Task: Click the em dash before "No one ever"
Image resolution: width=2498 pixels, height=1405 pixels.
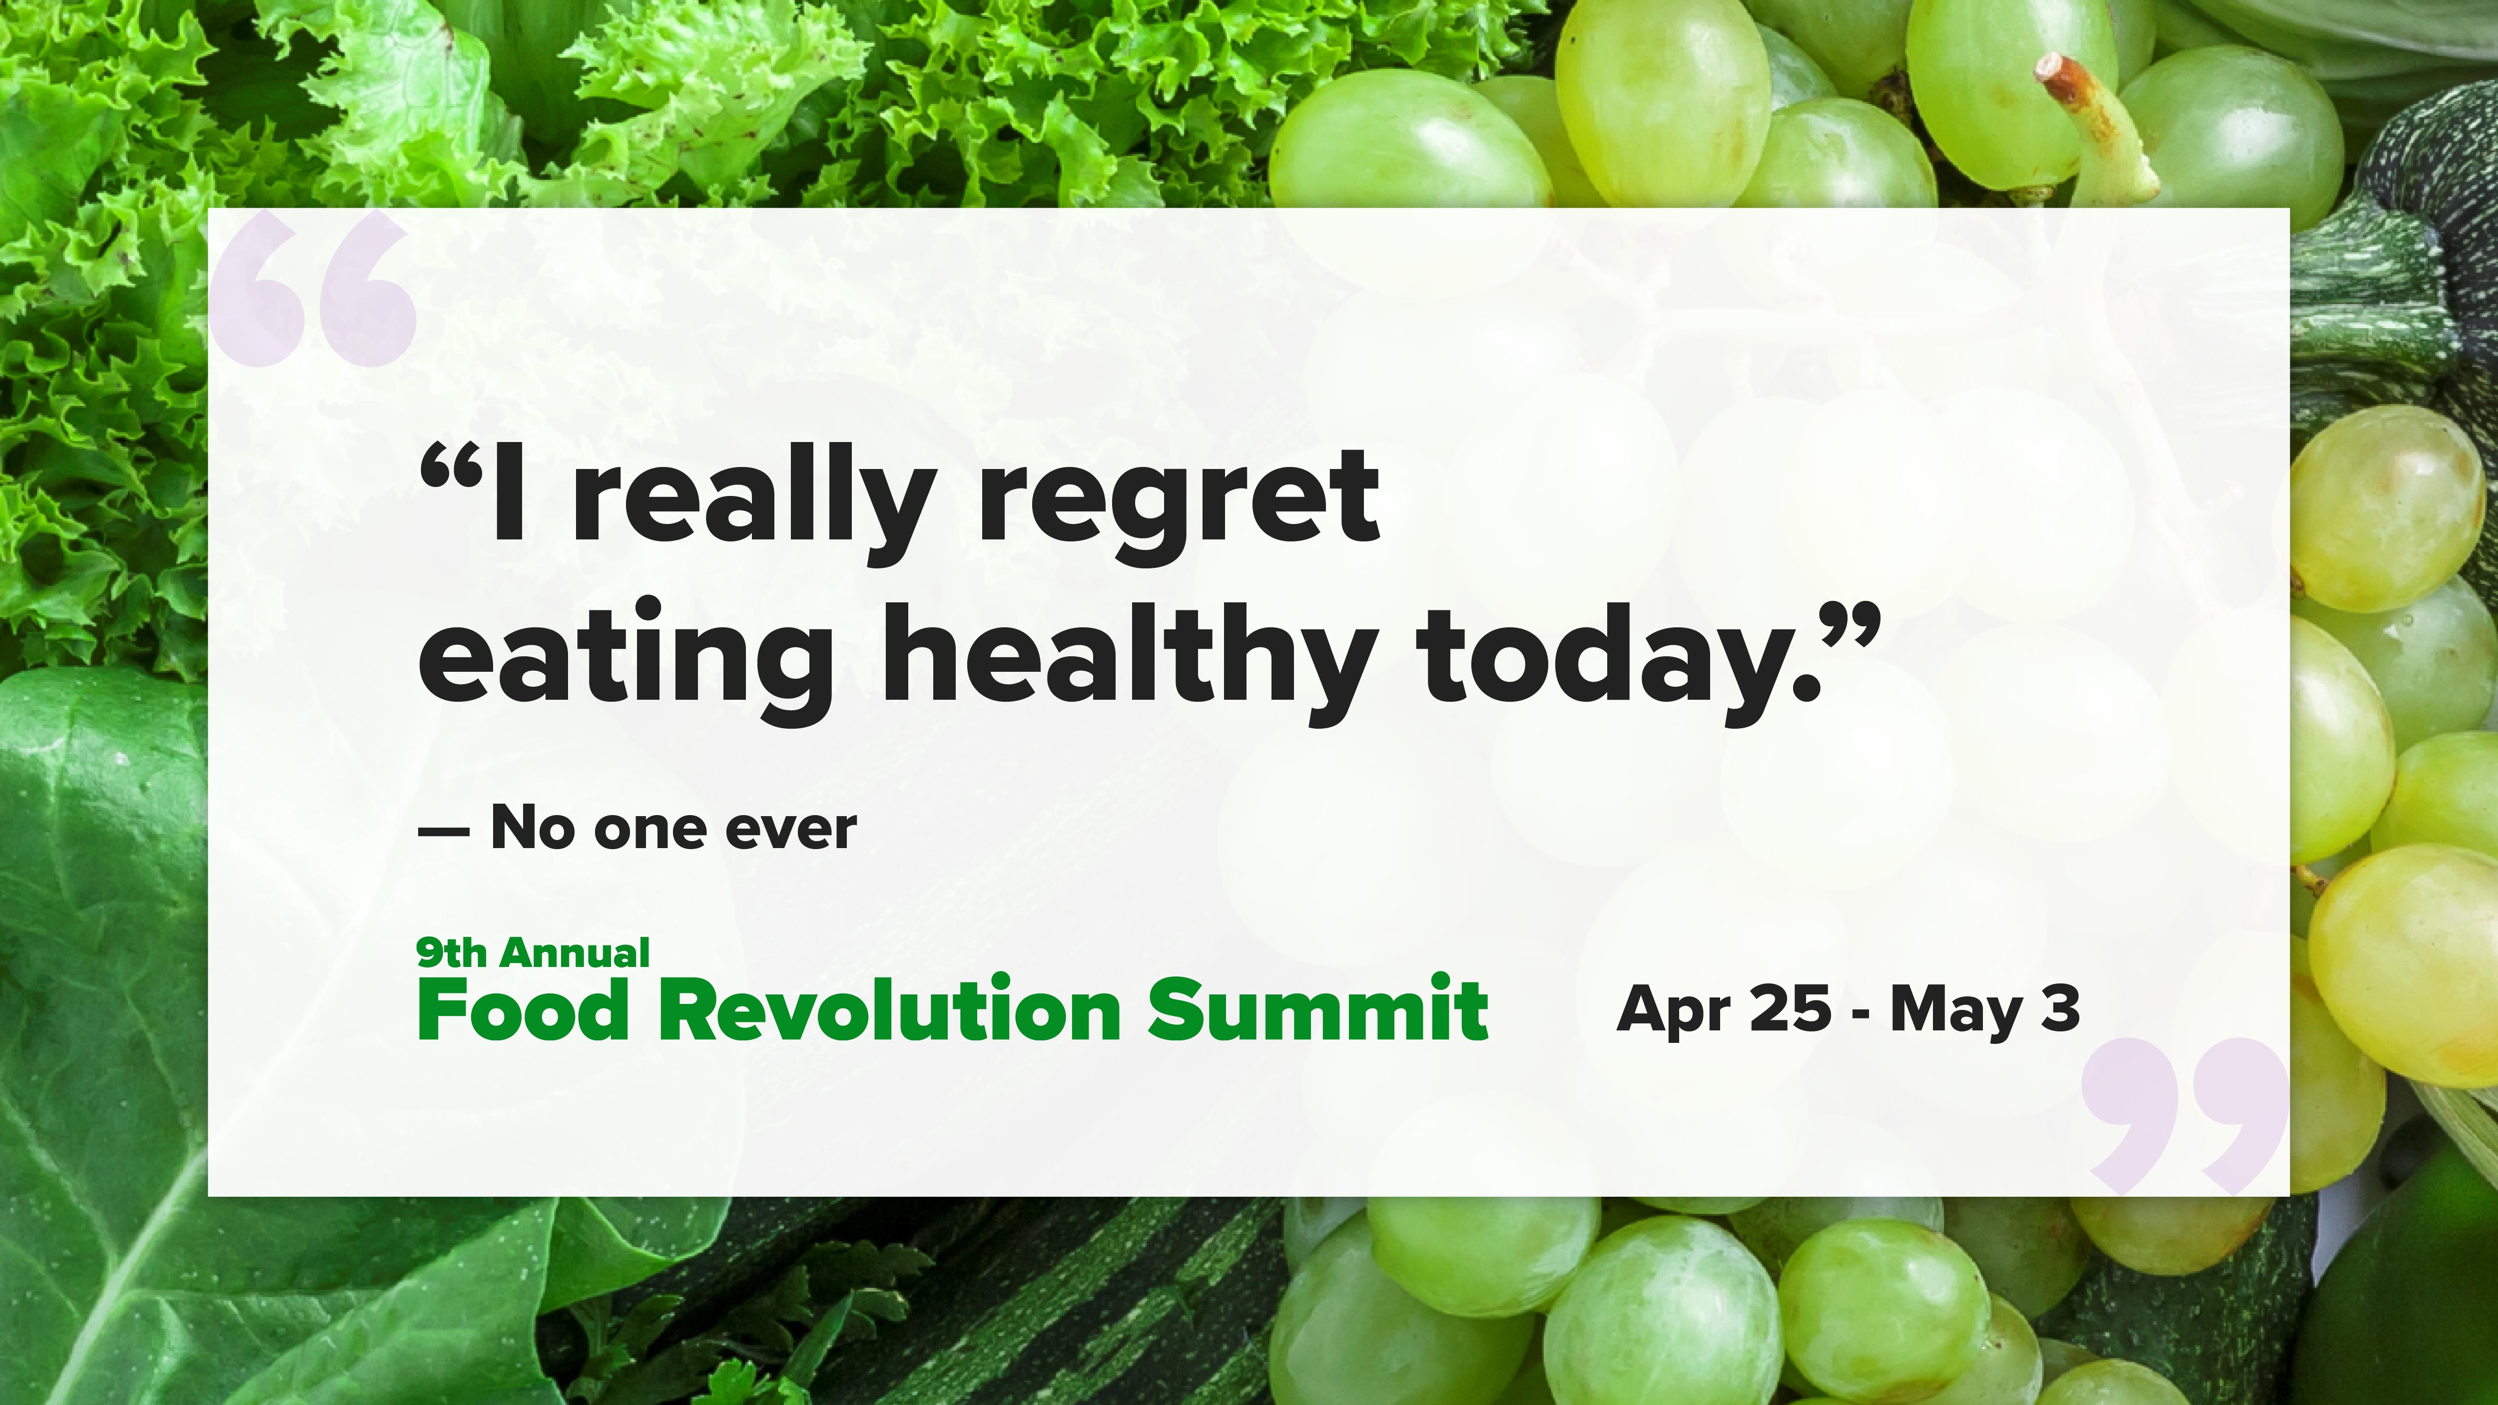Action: coord(444,832)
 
